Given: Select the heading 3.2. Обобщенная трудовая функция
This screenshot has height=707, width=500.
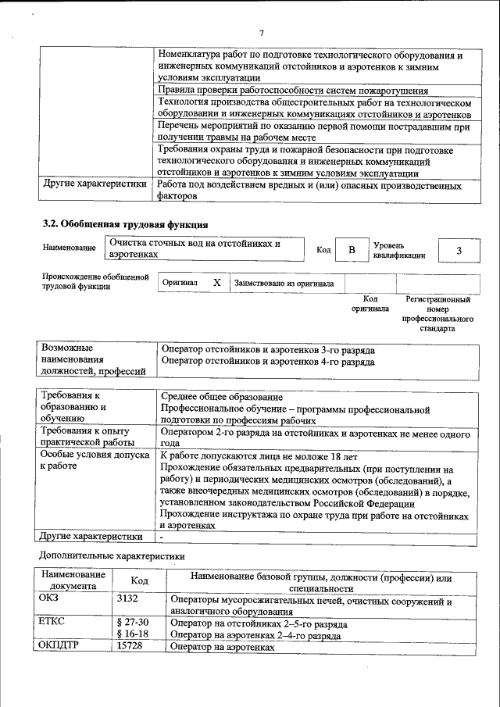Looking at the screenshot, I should click(x=124, y=225).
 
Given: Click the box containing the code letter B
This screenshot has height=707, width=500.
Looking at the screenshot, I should click(x=352, y=250).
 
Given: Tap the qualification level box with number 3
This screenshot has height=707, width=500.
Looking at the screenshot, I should click(x=459, y=250).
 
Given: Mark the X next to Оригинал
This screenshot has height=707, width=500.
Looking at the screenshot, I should click(x=217, y=283).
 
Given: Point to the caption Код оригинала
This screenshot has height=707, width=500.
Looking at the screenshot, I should click(x=370, y=304).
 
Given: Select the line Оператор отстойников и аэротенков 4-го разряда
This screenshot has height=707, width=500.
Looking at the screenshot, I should click(x=266, y=362).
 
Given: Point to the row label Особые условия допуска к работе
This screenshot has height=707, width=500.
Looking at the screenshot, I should click(x=83, y=459).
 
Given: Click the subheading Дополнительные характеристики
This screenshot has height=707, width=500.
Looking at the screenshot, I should click(x=112, y=556).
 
